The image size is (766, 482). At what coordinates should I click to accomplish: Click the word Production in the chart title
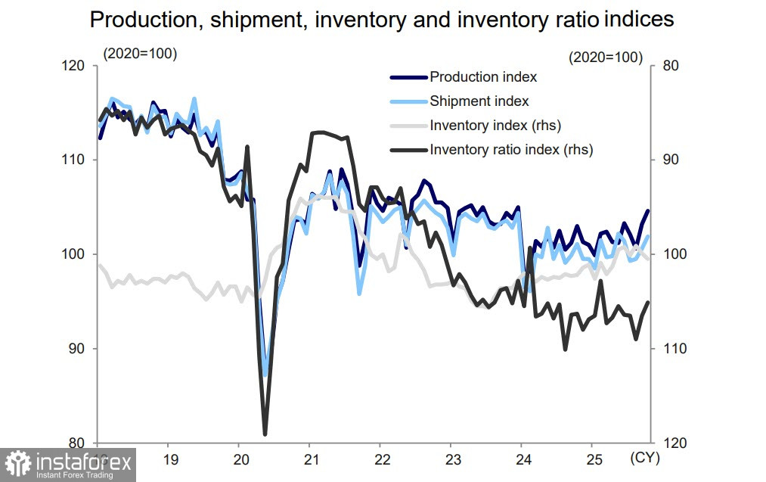coord(143,20)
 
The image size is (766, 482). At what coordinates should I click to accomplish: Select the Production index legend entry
coord(483,76)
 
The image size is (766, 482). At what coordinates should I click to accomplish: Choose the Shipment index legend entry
coord(479,101)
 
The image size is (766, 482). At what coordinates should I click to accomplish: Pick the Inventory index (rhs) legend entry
coord(495,125)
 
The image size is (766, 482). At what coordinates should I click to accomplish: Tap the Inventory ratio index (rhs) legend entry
coord(511,149)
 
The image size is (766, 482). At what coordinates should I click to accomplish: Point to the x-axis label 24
coord(523,459)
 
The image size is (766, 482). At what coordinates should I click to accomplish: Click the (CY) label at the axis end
coord(642,459)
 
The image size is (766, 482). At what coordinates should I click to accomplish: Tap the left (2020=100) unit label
coord(140,54)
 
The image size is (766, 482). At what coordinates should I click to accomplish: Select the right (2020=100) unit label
coord(606,57)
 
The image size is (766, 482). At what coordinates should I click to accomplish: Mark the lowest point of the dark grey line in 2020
coord(265,434)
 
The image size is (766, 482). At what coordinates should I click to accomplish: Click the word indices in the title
coord(637,20)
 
